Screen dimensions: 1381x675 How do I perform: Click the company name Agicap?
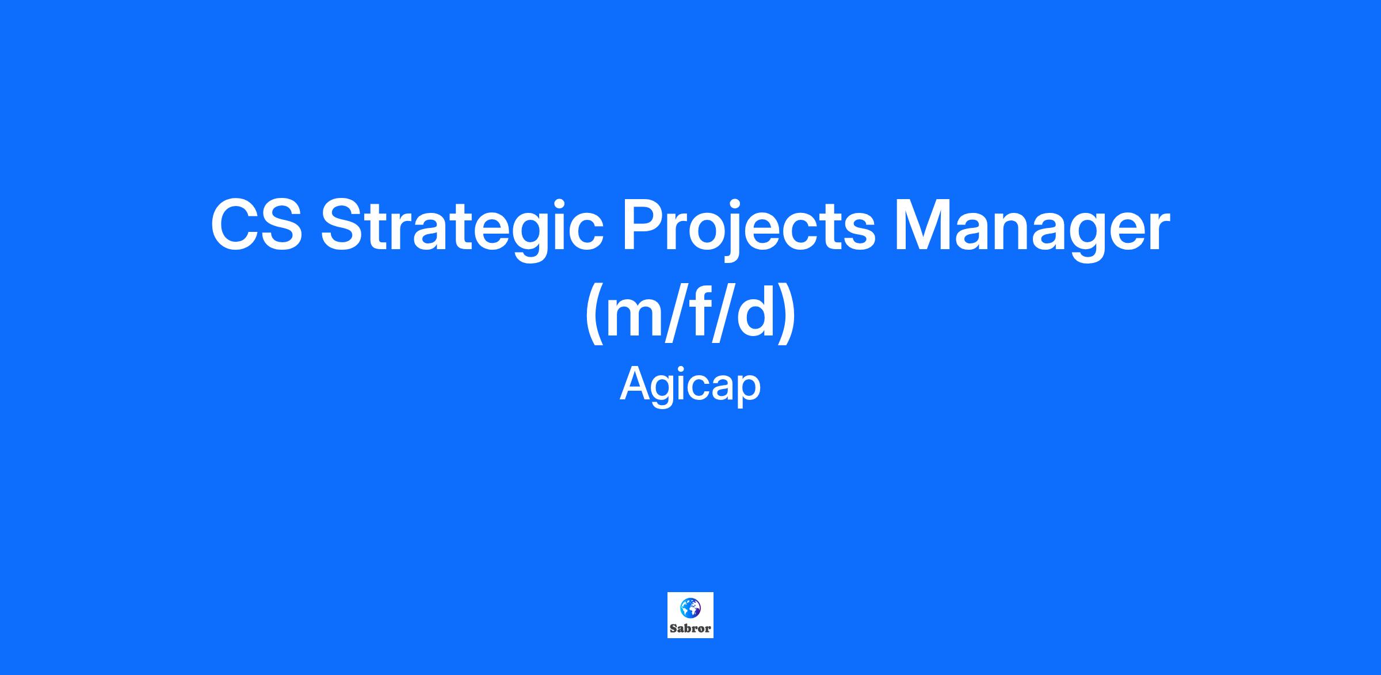(690, 386)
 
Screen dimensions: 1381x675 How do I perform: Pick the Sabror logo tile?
(690, 615)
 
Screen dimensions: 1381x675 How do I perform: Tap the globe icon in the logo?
(690, 607)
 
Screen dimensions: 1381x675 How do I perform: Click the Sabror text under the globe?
(690, 628)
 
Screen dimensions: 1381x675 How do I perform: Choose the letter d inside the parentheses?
(756, 311)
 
